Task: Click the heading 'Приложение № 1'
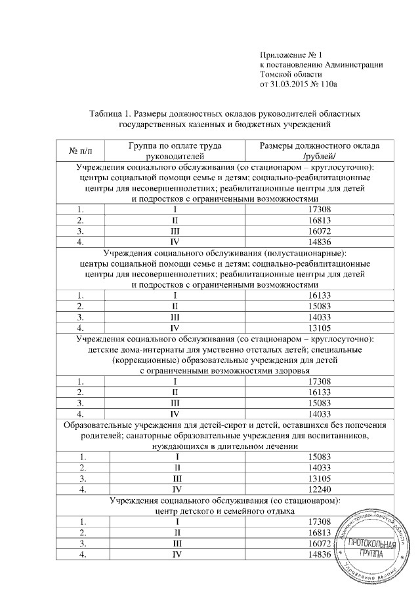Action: point(293,53)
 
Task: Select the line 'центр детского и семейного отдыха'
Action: point(224,511)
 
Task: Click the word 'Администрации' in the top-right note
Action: point(353,64)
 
